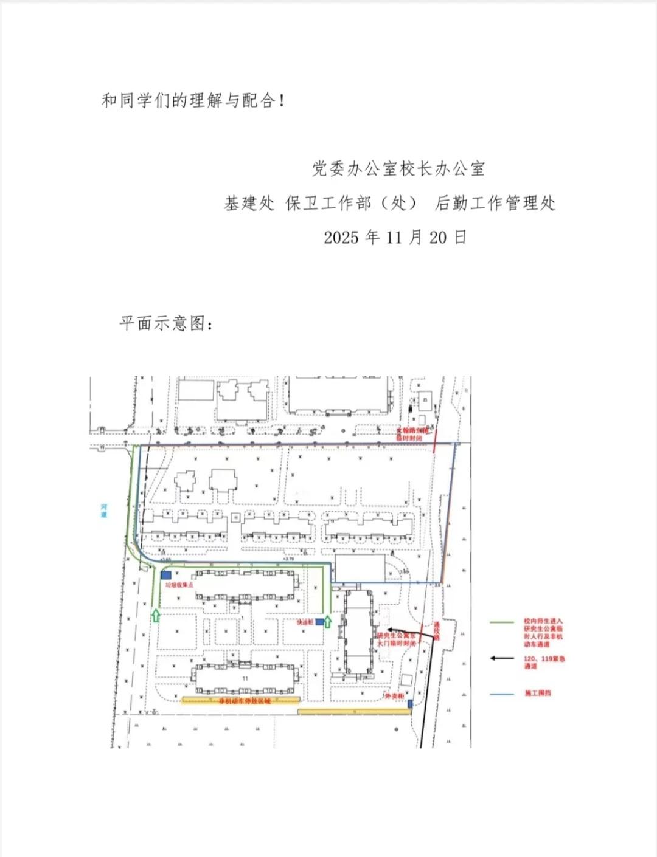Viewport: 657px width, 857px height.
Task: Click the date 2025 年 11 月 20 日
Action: [395, 237]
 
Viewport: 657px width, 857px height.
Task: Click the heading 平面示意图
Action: [165, 323]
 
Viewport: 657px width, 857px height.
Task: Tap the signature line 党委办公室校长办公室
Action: [398, 168]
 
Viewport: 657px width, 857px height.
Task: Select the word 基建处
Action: [249, 203]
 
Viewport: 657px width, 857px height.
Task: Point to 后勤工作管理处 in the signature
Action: [495, 203]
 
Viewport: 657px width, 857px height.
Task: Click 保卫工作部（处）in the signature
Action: [352, 203]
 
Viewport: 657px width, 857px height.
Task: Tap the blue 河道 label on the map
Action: [104, 511]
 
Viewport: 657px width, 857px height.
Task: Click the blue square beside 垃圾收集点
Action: [166, 574]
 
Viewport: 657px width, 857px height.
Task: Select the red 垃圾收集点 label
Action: [179, 585]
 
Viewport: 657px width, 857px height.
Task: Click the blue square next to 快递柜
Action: [320, 622]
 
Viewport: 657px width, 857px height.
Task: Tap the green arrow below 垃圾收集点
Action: [156, 615]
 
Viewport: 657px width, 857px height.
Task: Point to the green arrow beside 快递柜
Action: [328, 621]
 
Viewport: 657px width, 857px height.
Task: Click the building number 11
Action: [245, 678]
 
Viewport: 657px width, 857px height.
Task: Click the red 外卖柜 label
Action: [394, 697]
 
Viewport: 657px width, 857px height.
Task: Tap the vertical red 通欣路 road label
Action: [436, 630]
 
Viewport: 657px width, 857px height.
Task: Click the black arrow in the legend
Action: [502, 658]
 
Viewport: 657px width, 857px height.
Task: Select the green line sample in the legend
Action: [502, 622]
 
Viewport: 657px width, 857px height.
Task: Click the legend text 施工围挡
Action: [538, 693]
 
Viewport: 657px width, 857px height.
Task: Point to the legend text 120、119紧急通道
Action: [544, 662]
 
